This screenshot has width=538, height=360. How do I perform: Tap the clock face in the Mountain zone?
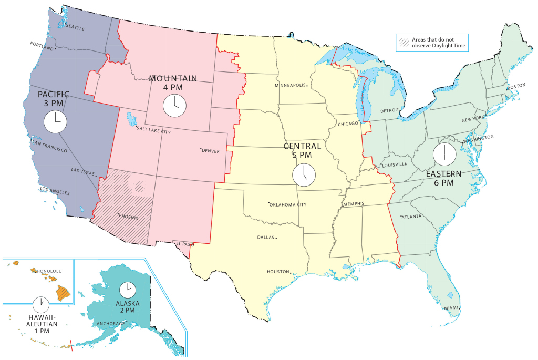174,105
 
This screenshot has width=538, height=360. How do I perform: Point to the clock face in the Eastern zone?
444,153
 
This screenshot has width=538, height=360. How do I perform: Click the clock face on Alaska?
127,290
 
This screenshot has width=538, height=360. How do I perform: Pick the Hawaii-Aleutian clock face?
40,304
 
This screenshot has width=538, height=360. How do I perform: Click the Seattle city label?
74,28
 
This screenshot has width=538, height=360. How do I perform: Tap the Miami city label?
451,308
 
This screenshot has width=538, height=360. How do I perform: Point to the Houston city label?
278,272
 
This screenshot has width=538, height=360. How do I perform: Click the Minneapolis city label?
291,85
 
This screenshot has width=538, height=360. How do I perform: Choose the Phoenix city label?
128,217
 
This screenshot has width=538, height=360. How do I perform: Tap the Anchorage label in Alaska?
110,323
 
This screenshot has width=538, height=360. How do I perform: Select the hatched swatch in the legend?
403,42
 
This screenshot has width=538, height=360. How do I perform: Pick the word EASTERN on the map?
444,174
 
